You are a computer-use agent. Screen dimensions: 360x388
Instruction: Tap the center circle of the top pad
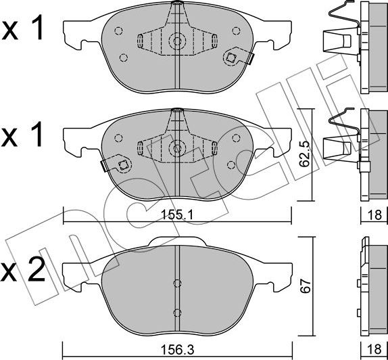[177, 41]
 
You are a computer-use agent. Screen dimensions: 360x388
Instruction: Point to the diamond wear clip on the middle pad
[122, 164]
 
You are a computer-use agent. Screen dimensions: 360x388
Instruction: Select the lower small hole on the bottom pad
[177, 312]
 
